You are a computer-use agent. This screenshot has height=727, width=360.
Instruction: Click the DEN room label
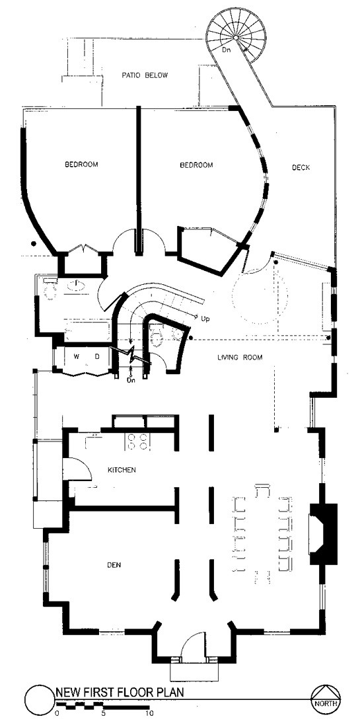116,566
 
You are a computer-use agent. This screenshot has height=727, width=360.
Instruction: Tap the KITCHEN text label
122,471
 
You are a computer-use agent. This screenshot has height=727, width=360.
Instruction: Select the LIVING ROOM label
240,358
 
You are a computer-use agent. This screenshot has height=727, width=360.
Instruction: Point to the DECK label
301,168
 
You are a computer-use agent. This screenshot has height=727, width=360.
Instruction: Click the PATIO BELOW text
144,76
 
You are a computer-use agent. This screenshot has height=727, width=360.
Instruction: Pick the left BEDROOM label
81,165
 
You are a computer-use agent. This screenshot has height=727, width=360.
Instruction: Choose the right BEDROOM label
196,165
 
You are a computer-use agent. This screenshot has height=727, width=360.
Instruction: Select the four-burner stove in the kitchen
136,441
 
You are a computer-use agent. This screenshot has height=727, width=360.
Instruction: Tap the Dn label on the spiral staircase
227,50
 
